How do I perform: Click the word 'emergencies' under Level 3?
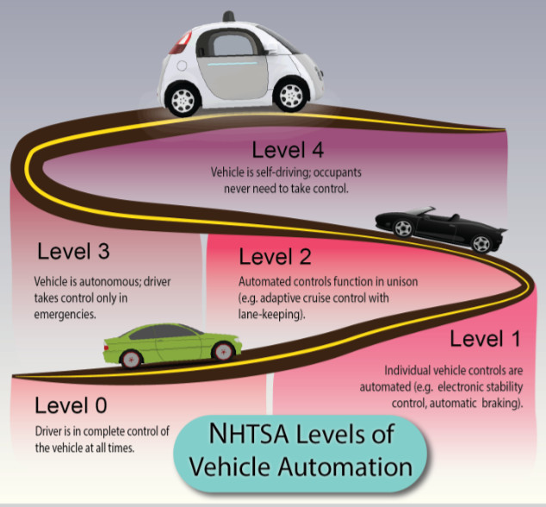65,315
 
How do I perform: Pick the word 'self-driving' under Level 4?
296,172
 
